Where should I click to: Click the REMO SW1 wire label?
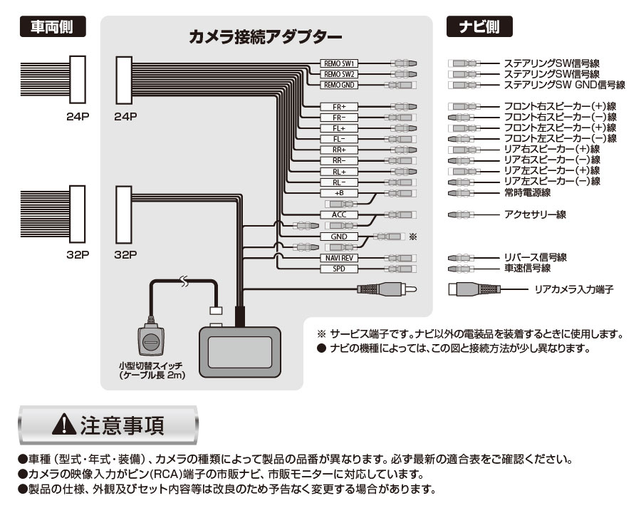point(338,63)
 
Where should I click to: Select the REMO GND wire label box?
point(338,85)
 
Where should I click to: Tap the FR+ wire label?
point(338,106)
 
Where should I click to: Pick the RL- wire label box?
point(338,182)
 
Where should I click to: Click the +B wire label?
point(338,193)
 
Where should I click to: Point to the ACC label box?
point(338,214)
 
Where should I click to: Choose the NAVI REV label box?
point(338,258)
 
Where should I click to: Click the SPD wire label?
point(338,269)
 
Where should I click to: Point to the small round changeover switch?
point(151,341)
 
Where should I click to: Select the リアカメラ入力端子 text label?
point(573,289)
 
